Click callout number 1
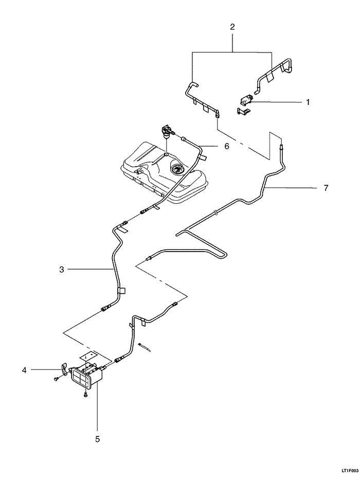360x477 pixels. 308,102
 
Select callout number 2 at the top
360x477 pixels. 232,27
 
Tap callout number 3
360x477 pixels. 62,269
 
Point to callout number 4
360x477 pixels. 24,369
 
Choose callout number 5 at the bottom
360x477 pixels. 97,439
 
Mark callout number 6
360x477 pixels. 226,146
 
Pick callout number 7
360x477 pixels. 326,188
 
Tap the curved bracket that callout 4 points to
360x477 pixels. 63,368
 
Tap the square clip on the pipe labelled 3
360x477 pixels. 122,291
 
